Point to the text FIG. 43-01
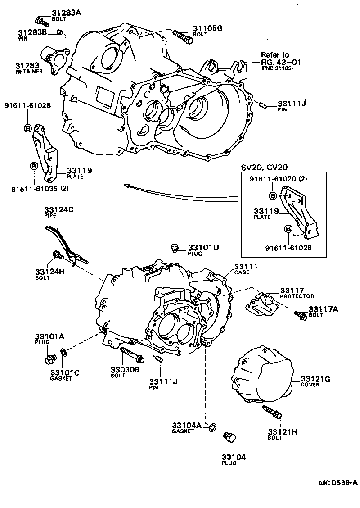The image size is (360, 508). tap(281, 62)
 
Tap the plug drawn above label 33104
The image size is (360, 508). tap(231, 438)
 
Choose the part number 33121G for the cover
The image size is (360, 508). tap(315, 379)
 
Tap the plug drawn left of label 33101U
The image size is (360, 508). tap(175, 248)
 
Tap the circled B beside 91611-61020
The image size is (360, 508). tap(273, 195)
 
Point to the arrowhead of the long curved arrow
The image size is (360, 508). tap(126, 184)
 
